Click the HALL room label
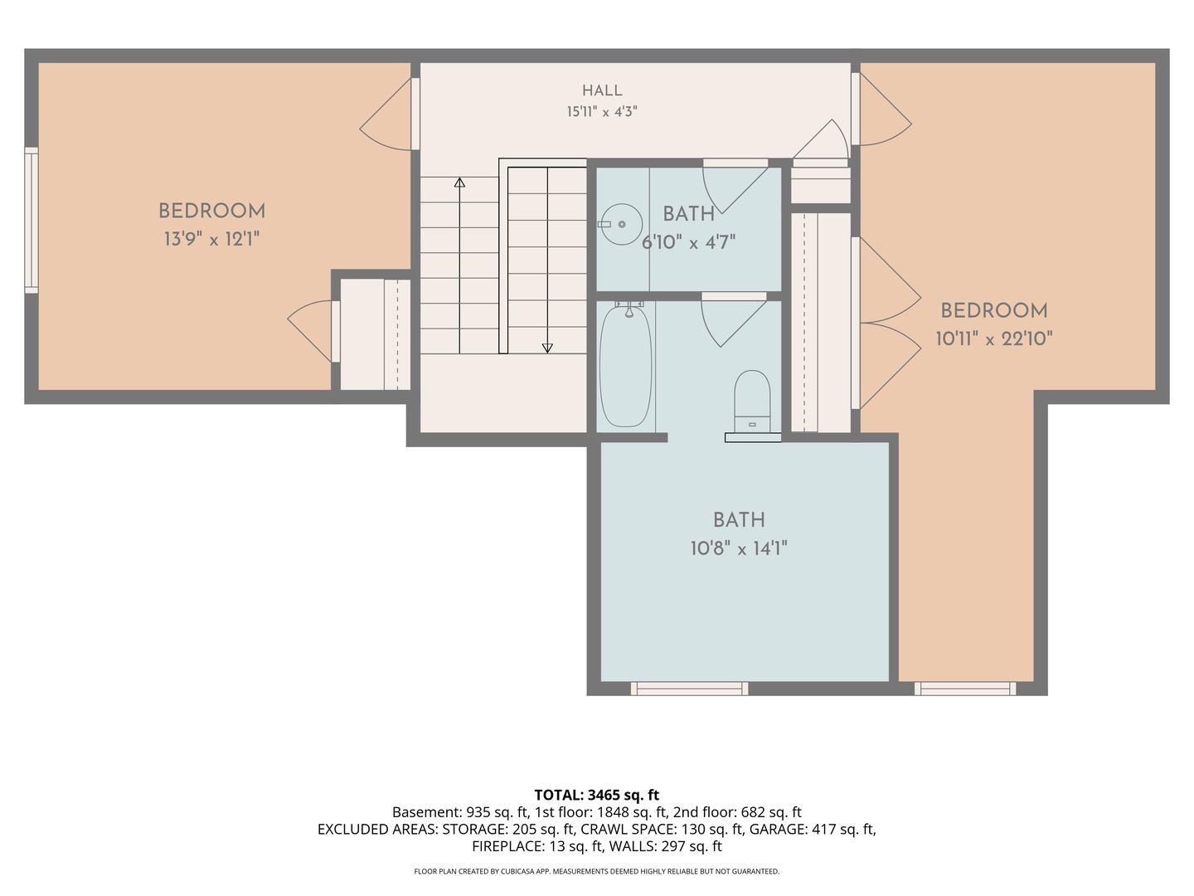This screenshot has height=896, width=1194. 602,90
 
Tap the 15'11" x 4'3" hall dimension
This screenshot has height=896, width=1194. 602,111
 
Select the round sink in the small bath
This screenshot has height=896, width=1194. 621,224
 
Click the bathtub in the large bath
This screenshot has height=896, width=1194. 625,366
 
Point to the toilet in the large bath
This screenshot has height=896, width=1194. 752,402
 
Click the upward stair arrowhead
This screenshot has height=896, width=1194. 459,183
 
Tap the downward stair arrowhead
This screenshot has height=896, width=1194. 547,348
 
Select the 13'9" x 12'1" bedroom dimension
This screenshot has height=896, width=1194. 211,239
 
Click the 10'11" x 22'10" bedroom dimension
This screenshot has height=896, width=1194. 994,339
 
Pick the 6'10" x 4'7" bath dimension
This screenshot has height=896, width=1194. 689,242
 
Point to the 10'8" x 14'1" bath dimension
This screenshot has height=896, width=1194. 739,548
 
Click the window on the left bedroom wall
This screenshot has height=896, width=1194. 32,220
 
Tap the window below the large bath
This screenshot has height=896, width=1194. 689,689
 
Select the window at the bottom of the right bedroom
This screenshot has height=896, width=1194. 965,689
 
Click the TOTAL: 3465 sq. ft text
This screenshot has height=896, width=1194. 597,796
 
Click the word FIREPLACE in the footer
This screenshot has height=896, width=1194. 507,846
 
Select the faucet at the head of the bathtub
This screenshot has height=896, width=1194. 629,308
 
